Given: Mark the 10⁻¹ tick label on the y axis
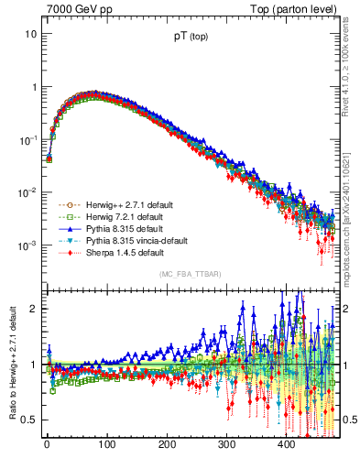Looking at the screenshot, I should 27,140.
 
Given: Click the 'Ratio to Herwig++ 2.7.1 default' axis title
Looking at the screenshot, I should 11,364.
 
